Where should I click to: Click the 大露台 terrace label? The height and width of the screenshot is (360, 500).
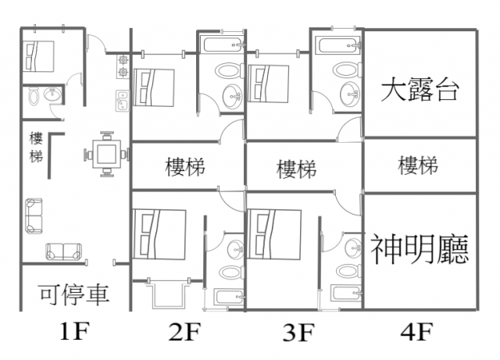pos(419,89)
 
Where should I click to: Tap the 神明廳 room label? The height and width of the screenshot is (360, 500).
pos(419,250)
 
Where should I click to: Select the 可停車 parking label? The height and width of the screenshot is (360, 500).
pos(74,294)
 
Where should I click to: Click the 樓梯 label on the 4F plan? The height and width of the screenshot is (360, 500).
pos(418,166)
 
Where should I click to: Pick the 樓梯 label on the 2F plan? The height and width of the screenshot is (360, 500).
pos(186,166)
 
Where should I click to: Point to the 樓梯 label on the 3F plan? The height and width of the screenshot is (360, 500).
pos(297,168)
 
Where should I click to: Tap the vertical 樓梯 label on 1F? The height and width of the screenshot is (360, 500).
pos(36,148)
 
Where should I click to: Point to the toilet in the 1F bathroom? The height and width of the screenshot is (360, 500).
pos(35,96)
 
